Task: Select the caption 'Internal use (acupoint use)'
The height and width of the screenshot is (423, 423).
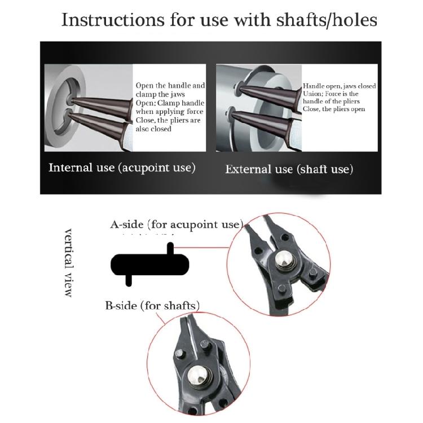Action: coord(122,168)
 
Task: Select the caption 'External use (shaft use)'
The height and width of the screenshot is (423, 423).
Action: coord(289,169)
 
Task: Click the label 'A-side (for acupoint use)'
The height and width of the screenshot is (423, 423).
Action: coord(177,224)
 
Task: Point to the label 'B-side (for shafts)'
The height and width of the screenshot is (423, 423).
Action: coord(152,306)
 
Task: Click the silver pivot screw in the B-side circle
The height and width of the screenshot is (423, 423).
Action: coord(199,374)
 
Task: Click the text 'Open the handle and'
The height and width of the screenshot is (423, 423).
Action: coord(170,86)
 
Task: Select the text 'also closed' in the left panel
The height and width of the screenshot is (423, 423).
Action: coord(153,129)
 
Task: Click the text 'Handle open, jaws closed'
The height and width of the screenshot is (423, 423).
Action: coord(340,86)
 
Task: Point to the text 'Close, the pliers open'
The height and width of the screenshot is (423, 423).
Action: coord(334,109)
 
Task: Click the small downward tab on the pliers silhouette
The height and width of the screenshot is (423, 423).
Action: coord(129,279)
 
